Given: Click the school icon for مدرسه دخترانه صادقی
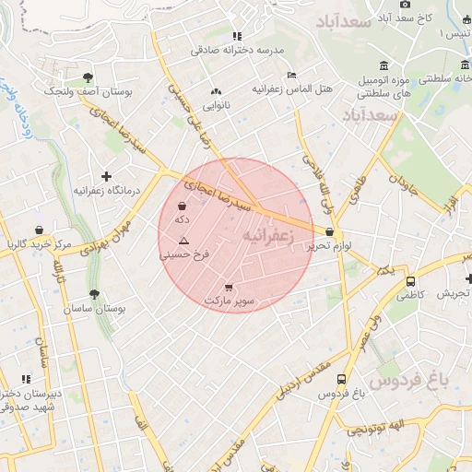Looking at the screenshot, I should pyautogui.click(x=237, y=36).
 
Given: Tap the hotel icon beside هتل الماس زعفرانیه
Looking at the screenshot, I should pyautogui.click(x=292, y=75).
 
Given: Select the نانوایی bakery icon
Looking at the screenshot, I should pyautogui.click(x=217, y=92).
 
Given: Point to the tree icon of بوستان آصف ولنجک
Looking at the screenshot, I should pyautogui.click(x=88, y=77).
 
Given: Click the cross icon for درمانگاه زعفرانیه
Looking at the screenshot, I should pyautogui.click(x=107, y=176).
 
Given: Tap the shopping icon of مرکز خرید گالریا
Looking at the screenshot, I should pyautogui.click(x=39, y=230).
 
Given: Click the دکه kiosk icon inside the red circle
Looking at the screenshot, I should pyautogui.click(x=183, y=206).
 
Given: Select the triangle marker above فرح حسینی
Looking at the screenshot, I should pyautogui.click(x=183, y=240).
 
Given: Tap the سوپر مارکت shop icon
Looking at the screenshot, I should pyautogui.click(x=229, y=288).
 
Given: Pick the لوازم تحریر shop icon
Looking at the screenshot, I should pyautogui.click(x=330, y=232).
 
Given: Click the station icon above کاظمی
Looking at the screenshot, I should pyautogui.click(x=410, y=281).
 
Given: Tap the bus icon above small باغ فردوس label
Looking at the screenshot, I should pyautogui.click(x=342, y=379).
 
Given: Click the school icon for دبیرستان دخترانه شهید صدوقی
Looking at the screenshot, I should pyautogui.click(x=26, y=378).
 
